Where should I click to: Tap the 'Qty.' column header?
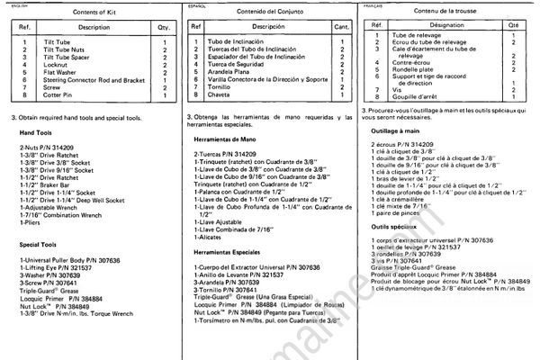click(163, 28)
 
